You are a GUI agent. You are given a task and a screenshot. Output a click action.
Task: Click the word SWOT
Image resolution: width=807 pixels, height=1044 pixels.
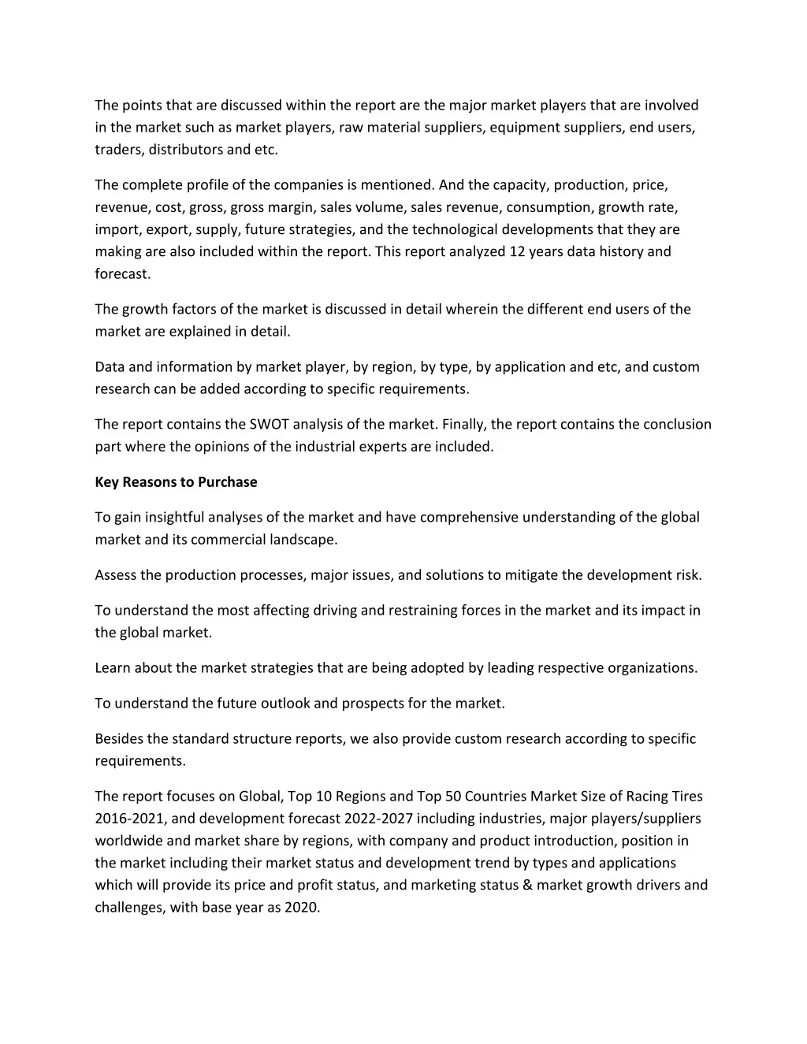[x=269, y=424]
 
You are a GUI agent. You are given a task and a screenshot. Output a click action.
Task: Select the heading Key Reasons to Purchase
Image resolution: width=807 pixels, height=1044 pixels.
[x=176, y=481]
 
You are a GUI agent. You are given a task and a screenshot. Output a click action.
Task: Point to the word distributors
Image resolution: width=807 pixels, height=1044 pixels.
[x=185, y=149]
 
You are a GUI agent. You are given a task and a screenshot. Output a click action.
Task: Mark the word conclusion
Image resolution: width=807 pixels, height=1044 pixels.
[x=677, y=424]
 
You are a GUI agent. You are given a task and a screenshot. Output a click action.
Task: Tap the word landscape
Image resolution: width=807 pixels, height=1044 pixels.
[x=303, y=539]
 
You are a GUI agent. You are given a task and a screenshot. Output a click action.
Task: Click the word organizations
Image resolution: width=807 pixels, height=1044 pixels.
[x=649, y=667]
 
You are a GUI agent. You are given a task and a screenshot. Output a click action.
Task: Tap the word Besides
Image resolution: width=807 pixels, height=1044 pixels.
[x=119, y=738]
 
